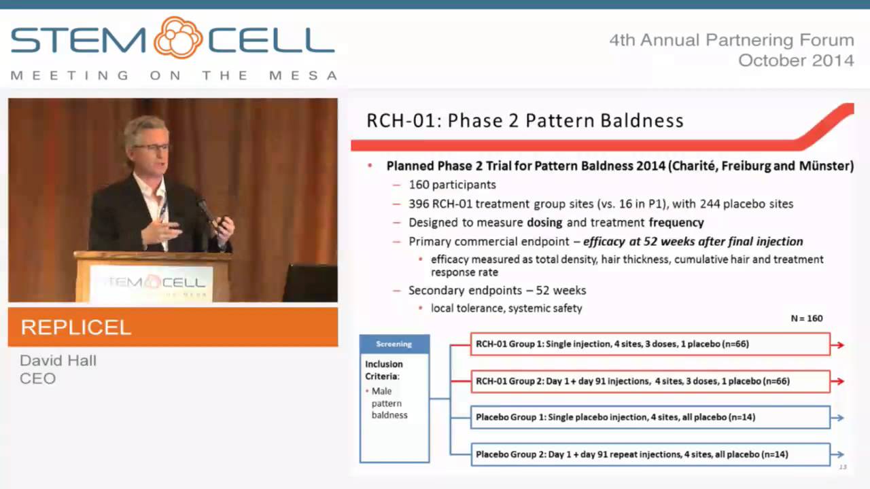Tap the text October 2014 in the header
point(796,60)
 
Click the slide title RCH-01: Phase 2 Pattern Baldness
point(525,121)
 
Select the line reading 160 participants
point(452,185)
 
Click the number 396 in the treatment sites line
point(419,204)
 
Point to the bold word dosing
point(545,222)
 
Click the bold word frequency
point(676,222)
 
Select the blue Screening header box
point(394,344)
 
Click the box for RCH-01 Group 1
point(650,344)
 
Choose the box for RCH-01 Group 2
point(650,381)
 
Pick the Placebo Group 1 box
point(650,417)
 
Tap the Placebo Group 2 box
point(650,454)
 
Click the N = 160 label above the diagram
point(807,318)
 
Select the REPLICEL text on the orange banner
point(75,328)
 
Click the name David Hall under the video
point(58,361)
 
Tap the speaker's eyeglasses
point(151,147)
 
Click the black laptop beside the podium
point(310,283)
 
